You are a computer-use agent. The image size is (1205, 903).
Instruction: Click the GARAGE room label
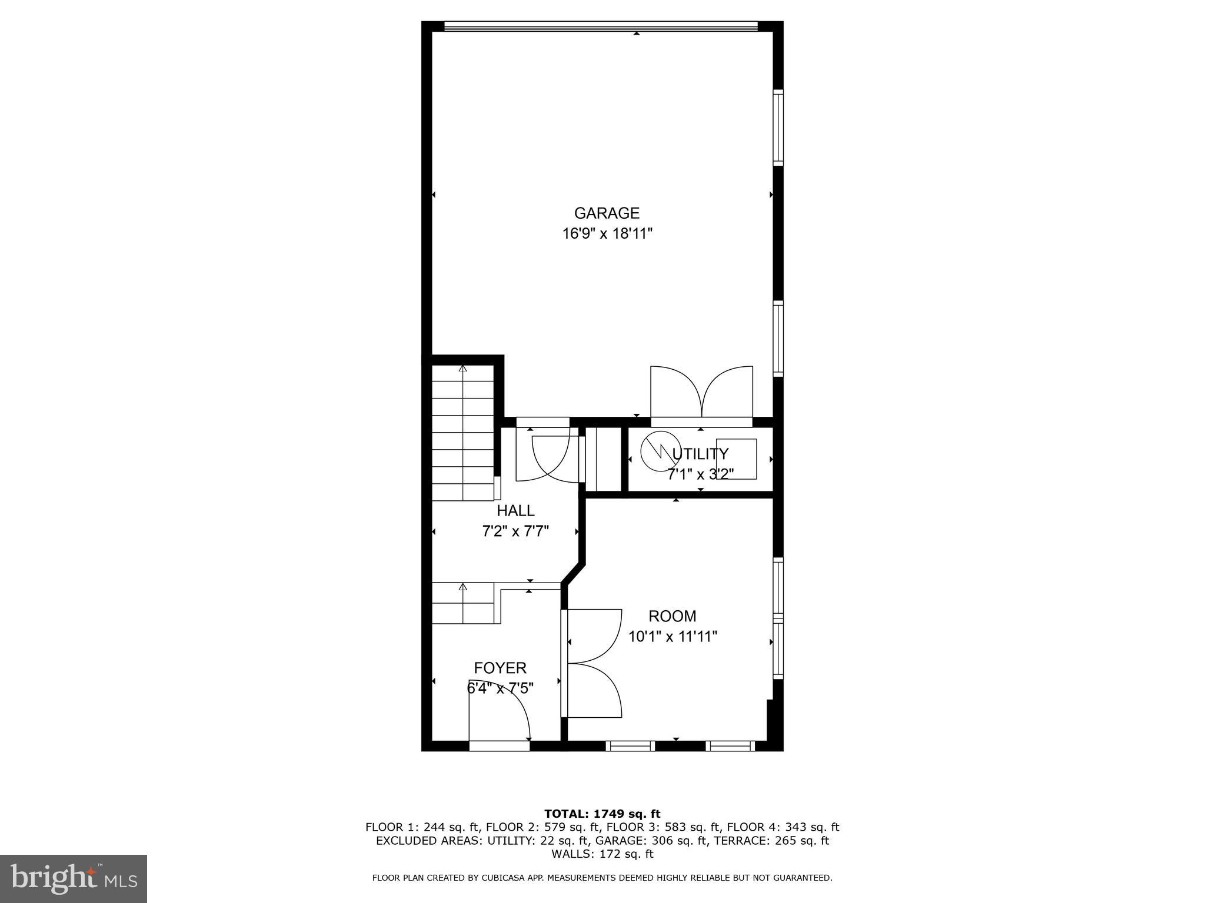[607, 213]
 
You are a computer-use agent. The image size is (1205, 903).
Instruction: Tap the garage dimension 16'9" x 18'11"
[607, 234]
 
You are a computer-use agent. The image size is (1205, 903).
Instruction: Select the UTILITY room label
[700, 454]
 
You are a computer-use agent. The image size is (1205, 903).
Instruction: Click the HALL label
[515, 510]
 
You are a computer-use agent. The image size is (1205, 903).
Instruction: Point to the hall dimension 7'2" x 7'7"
[515, 531]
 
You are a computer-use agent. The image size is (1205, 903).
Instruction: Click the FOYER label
[500, 668]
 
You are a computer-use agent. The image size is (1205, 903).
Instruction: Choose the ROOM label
[673, 616]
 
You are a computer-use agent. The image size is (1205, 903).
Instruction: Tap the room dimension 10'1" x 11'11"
[673, 637]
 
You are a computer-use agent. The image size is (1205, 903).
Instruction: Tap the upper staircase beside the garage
[463, 432]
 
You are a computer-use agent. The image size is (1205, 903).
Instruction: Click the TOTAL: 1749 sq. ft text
[602, 814]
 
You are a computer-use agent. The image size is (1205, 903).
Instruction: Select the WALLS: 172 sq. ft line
[602, 854]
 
